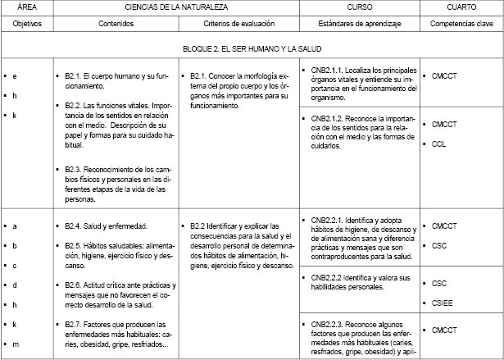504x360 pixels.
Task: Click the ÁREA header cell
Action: [x=25, y=7]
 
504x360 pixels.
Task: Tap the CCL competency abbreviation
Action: [x=438, y=144]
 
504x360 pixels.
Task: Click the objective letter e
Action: [x=16, y=75]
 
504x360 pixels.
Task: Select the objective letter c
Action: [x=16, y=265]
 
